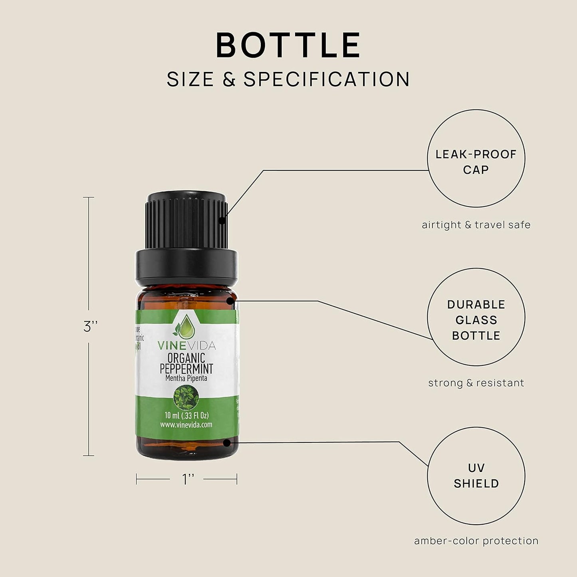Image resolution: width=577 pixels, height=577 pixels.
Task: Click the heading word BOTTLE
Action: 288,45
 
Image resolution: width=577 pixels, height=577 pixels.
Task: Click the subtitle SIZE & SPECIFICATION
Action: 288,79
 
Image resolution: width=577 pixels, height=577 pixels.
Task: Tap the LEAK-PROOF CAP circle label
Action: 476,162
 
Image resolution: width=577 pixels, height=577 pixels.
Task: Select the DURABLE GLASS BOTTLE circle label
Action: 476,320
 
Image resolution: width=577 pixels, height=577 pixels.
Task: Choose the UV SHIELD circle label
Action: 476,476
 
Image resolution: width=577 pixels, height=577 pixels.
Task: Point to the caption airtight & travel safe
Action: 476,225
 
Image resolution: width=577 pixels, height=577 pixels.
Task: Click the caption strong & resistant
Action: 476,383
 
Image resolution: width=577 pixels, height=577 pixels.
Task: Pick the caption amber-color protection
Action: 476,541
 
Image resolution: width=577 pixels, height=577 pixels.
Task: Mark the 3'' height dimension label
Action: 91,327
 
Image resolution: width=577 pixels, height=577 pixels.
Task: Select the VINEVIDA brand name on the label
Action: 186,345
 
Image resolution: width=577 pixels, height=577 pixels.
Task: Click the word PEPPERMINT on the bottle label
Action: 186,369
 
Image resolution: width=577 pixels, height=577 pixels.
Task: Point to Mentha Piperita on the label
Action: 186,378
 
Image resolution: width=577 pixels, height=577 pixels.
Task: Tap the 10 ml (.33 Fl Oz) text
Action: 186,415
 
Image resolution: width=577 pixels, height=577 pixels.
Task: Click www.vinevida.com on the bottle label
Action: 186,425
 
